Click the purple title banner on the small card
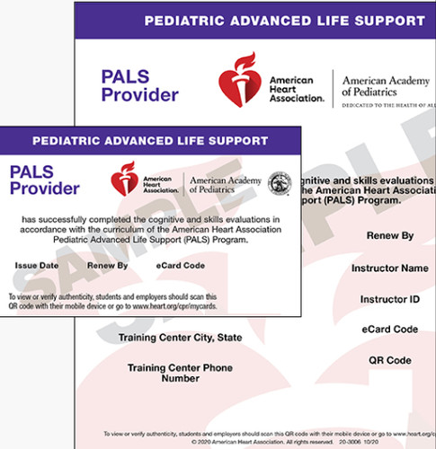[150, 141]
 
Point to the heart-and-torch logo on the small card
[123, 183]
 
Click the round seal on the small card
[280, 184]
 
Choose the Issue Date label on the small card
[37, 266]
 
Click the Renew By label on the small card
[108, 266]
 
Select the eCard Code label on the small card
[181, 266]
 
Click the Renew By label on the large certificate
[389, 236]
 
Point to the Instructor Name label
[389, 268]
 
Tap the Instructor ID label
[389, 298]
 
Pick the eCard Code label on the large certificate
[389, 330]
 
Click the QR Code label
[389, 360]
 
